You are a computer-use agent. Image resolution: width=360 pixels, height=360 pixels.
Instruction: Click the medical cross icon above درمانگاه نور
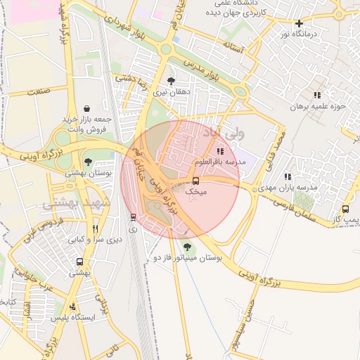299,23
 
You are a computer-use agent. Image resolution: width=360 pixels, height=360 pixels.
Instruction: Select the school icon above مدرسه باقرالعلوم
221,150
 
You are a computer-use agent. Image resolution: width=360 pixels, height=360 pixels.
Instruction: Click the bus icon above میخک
196,181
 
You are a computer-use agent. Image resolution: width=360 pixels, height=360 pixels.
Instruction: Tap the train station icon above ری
133,217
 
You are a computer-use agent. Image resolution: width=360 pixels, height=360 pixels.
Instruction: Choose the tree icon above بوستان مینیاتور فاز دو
186,247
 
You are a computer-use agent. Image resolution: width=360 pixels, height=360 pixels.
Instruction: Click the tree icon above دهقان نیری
172,81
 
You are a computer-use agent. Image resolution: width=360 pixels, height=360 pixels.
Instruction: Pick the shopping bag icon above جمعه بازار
86,109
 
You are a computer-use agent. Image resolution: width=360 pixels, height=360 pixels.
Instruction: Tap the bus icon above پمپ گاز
345,210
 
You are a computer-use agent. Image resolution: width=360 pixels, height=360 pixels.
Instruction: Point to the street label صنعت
39,90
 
